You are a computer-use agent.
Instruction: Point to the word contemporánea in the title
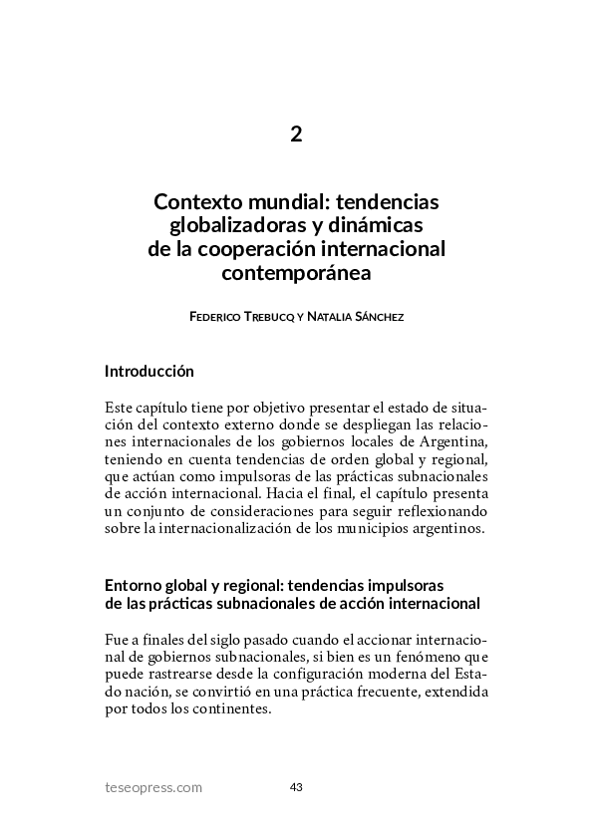click(x=296, y=271)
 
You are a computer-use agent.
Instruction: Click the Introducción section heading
click(x=148, y=372)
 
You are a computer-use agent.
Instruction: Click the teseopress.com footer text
click(x=153, y=787)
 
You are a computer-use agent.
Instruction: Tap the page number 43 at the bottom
click(x=296, y=787)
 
